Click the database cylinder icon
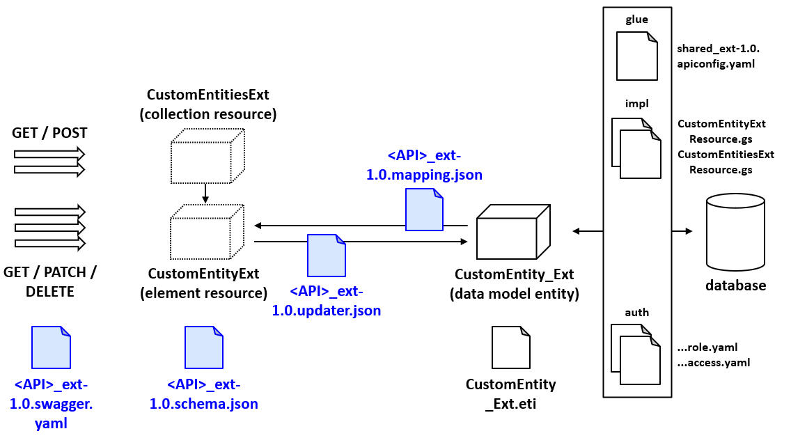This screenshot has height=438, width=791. click(735, 234)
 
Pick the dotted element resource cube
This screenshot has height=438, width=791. click(207, 232)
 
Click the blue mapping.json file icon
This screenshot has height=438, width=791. click(424, 210)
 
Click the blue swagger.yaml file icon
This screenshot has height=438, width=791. click(52, 347)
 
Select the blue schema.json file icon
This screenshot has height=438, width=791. click(203, 347)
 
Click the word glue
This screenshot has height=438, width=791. click(636, 19)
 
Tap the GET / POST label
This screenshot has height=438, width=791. click(49, 132)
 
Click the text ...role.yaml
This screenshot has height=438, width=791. click(707, 347)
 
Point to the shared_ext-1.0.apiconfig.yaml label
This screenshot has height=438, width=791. click(718, 56)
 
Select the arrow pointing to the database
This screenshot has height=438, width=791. click(682, 230)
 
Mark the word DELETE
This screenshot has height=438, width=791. click(49, 292)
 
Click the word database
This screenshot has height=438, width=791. click(735, 286)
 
